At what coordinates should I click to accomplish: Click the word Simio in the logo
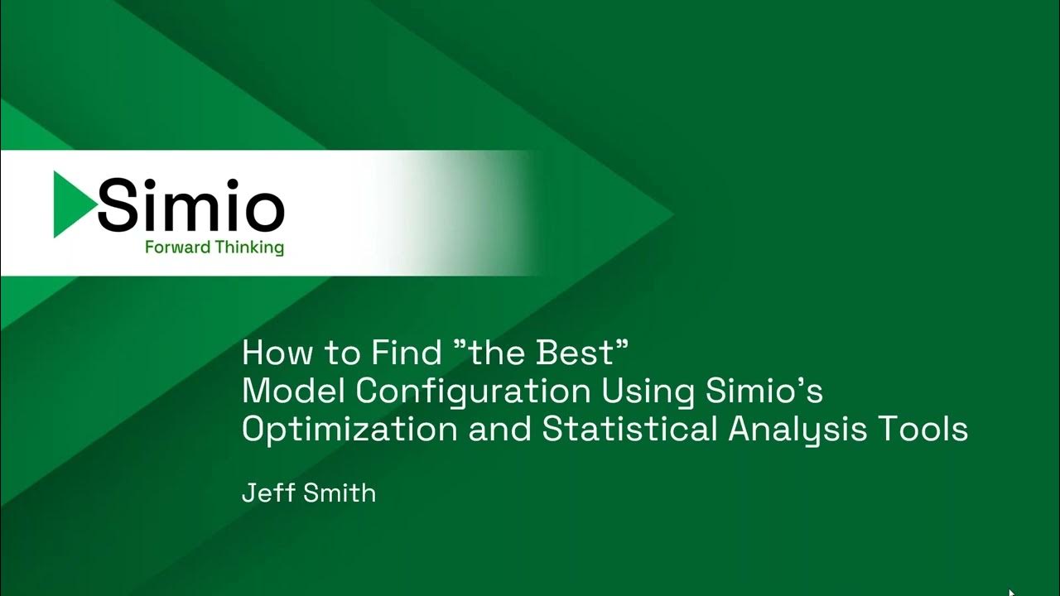point(191,205)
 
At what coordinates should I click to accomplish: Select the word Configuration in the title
point(466,392)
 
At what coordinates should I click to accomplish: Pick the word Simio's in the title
point(764,392)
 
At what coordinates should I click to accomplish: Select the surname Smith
point(341,493)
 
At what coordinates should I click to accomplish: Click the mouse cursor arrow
point(1011,591)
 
